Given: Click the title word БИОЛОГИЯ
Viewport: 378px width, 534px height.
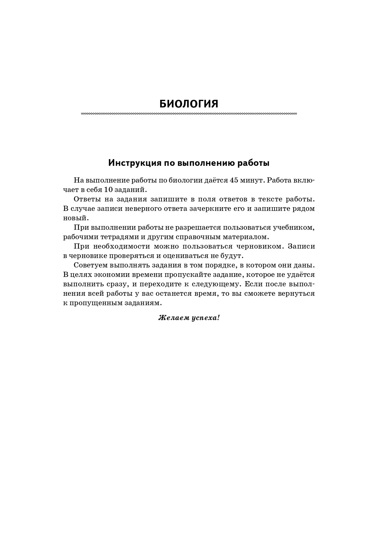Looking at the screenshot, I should pyautogui.click(x=189, y=104).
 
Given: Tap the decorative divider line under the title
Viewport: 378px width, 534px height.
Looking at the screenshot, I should pyautogui.click(x=189, y=114).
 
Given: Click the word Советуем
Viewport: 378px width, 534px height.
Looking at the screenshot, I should pyautogui.click(x=89, y=265).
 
